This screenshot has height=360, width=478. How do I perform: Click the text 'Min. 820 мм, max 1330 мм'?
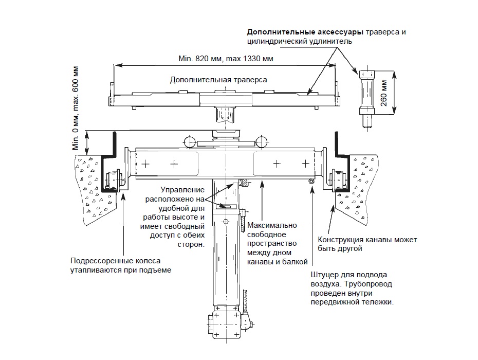(226, 59)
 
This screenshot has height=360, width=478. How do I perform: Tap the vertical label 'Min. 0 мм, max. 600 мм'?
(77, 107)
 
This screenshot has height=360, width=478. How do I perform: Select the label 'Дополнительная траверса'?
(218, 80)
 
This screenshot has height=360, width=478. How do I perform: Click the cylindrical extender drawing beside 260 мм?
(366, 95)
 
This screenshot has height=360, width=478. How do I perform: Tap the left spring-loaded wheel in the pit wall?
(112, 180)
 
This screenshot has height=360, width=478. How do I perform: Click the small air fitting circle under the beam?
(311, 182)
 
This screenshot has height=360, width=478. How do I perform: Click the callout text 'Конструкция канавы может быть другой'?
(367, 244)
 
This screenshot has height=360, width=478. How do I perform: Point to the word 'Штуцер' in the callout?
(324, 275)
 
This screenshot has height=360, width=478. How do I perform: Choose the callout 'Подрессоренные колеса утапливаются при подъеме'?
(121, 265)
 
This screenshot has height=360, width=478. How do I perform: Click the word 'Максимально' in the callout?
(272, 225)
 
